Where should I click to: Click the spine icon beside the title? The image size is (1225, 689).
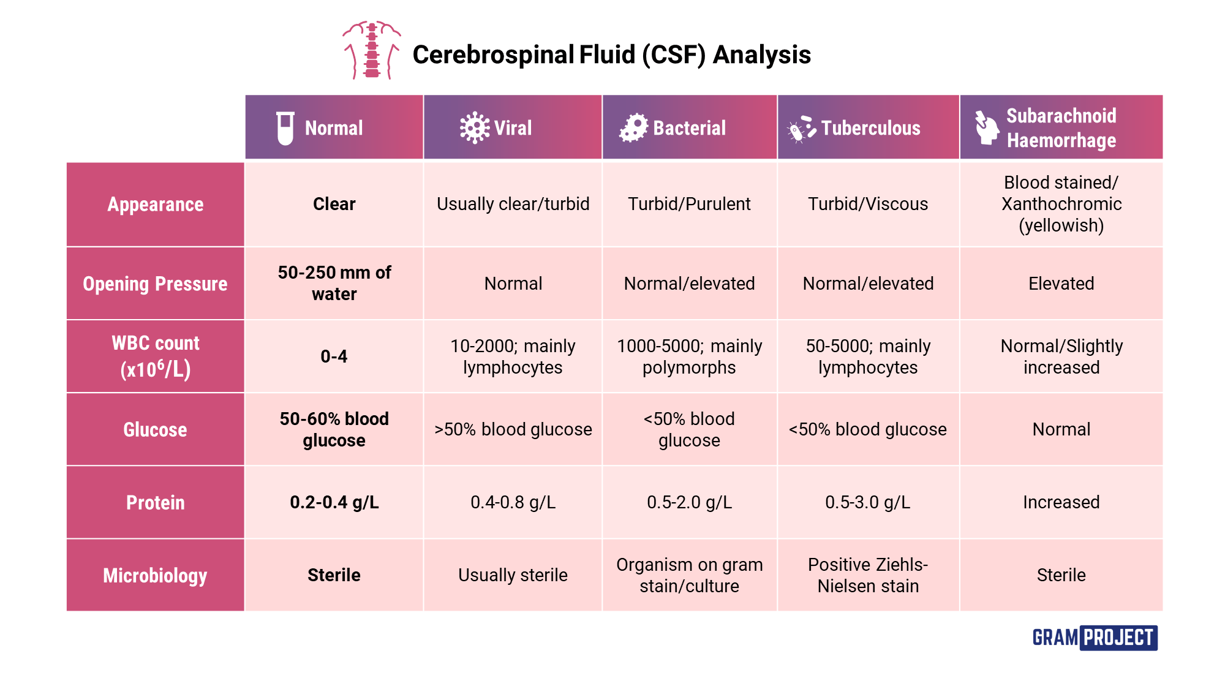pyautogui.click(x=371, y=50)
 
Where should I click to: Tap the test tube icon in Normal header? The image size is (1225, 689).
pyautogui.click(x=285, y=128)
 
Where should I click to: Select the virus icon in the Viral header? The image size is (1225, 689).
pyautogui.click(x=474, y=128)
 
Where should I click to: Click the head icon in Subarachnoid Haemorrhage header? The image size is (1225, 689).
pyautogui.click(x=986, y=127)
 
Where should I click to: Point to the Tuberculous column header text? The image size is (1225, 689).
pyautogui.click(x=870, y=128)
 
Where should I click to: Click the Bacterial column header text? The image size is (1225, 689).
pyautogui.click(x=689, y=128)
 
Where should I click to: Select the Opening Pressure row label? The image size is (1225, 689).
pyautogui.click(x=155, y=284)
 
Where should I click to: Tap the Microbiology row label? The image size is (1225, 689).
pyautogui.click(x=155, y=575)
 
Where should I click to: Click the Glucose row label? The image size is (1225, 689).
pyautogui.click(x=155, y=429)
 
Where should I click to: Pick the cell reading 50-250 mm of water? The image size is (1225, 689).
pyautogui.click(x=334, y=283)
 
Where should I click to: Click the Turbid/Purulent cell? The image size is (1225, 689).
pyautogui.click(x=689, y=204)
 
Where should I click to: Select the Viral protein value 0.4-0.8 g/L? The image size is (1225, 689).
pyautogui.click(x=513, y=502)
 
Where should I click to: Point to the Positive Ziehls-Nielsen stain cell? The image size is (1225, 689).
pyautogui.click(x=868, y=575)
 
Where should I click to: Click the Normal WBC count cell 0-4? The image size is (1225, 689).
pyautogui.click(x=334, y=356)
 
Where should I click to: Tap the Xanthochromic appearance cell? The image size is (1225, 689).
pyautogui.click(x=1061, y=204)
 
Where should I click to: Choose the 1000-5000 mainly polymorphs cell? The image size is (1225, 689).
pyautogui.click(x=689, y=356)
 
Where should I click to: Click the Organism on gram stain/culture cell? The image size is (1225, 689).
pyautogui.click(x=689, y=575)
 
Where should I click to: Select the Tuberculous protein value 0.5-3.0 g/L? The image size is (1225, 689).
pyautogui.click(x=868, y=502)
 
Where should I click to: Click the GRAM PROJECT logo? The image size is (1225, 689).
pyautogui.click(x=1095, y=638)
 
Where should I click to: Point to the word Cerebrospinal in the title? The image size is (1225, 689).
pyautogui.click(x=493, y=55)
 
